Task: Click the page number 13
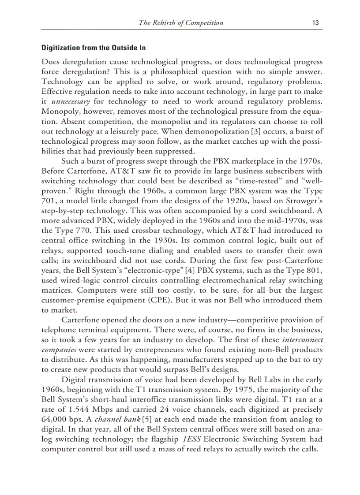pyautogui.click(x=315, y=23)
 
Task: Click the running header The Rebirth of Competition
pyautogui.click(x=181, y=23)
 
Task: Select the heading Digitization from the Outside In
pyautogui.click(x=93, y=48)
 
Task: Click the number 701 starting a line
pyautogui.click(x=48, y=201)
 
